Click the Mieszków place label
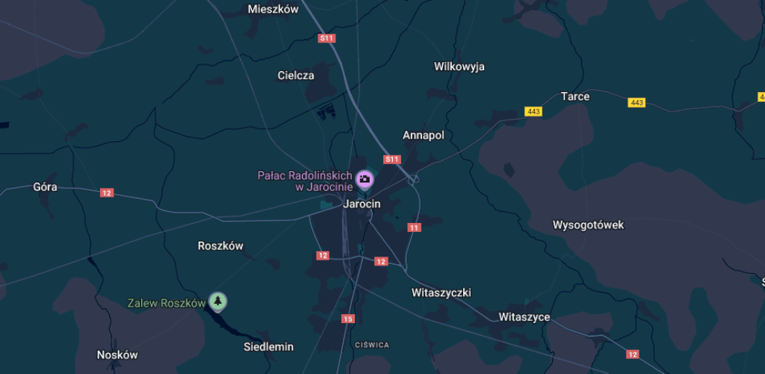273,10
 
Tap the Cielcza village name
296,76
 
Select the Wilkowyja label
459,67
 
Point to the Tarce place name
575,96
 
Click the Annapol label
424,135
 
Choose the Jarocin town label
362,204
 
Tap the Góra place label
46,187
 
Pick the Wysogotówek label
588,225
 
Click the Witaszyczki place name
442,292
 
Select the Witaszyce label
524,317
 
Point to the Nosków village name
118,355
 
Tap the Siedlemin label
269,347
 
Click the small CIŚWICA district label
372,345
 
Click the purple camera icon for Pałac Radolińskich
365,178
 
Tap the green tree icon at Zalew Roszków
217,301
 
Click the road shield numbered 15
347,319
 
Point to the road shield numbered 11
414,227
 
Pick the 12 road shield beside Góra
107,193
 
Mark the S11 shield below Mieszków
326,38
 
